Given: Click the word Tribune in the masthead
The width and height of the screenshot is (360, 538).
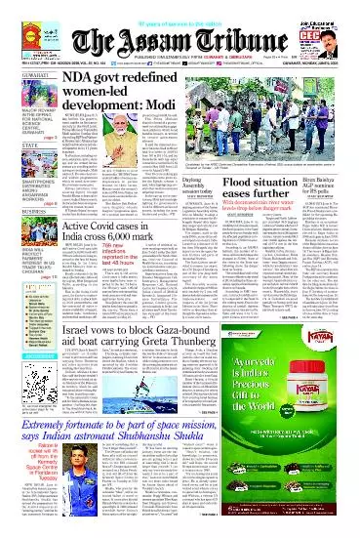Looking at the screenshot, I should click(x=238, y=30).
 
